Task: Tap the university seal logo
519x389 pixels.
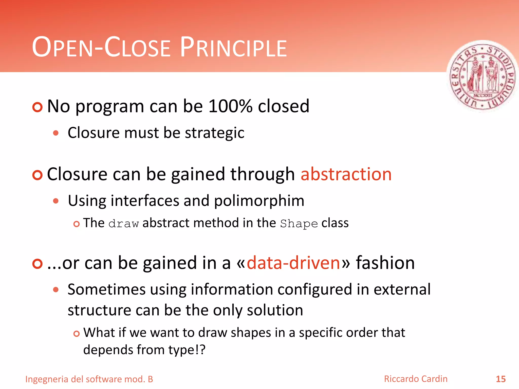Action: [482, 77]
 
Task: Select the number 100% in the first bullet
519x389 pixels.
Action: [230, 106]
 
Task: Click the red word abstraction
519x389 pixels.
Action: [346, 174]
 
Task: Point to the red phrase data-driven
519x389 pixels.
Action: [293, 263]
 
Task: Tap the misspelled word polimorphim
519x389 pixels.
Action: [259, 201]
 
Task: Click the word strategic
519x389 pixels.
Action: [214, 133]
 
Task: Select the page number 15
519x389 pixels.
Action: [501, 379]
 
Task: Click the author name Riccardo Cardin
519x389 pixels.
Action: [416, 379]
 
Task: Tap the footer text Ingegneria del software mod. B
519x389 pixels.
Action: [89, 379]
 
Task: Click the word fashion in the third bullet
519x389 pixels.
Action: [385, 263]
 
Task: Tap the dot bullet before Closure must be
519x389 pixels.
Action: [56, 133]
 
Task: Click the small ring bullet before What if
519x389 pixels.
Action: [77, 334]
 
